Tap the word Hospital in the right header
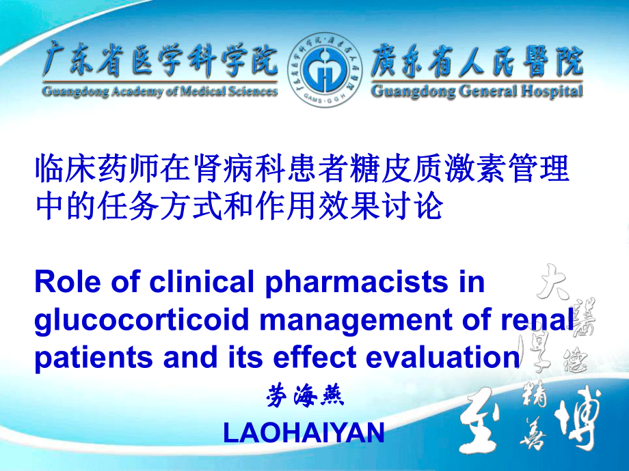pyautogui.click(x=550, y=91)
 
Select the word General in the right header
pyautogui.click(x=483, y=91)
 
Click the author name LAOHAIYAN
pyautogui.click(x=304, y=433)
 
